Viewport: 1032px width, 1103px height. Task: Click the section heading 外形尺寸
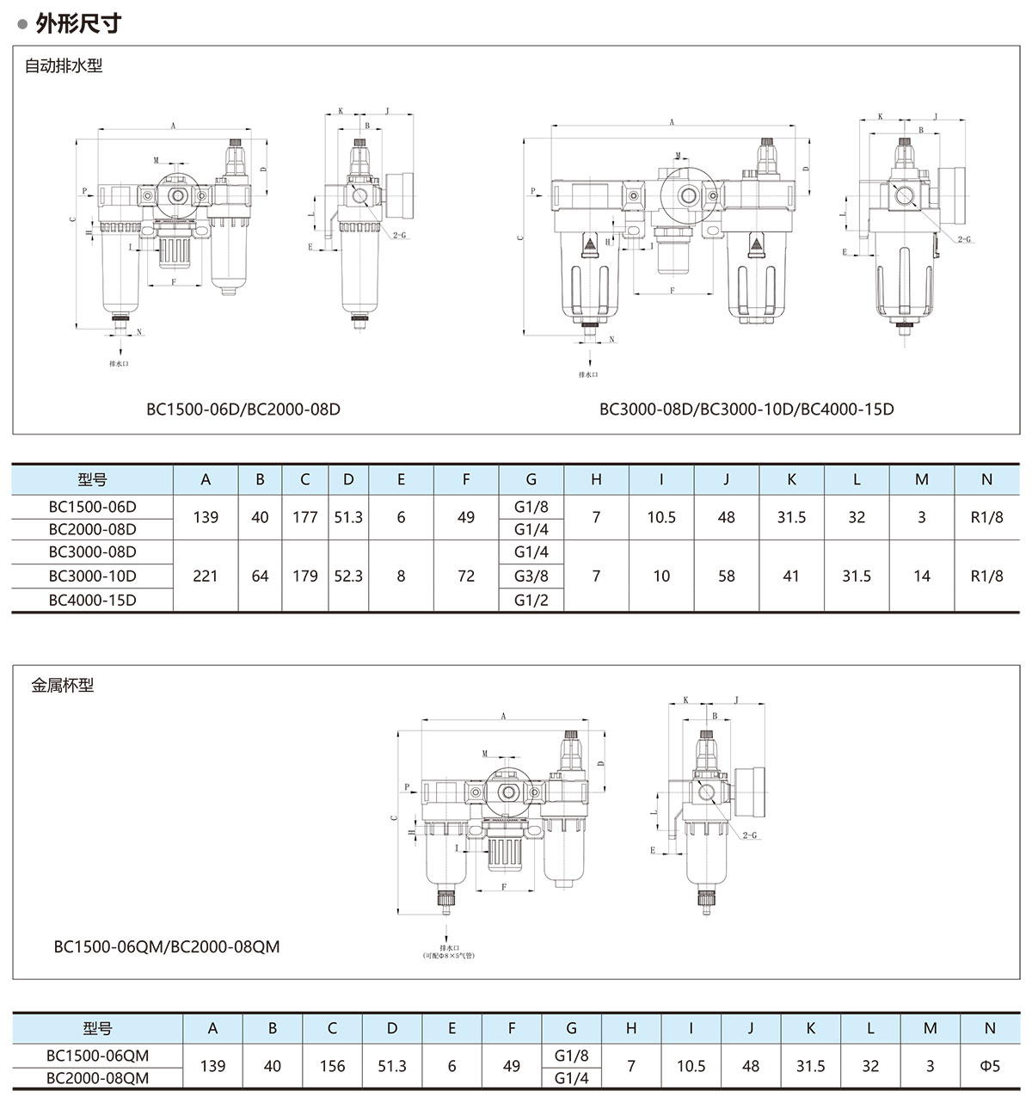pos(77,24)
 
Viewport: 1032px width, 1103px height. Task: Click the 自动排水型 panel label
pos(64,65)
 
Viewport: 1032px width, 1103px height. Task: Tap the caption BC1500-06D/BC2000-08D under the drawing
pos(243,409)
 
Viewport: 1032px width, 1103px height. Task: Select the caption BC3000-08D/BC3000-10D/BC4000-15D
pos(746,409)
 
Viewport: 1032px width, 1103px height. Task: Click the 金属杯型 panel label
pos(62,686)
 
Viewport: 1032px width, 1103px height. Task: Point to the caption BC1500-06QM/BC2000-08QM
pos(167,946)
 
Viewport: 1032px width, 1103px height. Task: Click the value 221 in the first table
pos(206,576)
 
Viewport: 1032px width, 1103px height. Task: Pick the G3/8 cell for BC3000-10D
pos(531,576)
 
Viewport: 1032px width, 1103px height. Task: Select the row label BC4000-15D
pos(92,600)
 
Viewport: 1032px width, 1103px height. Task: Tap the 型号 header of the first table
pos(92,479)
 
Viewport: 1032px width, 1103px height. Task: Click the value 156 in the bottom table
pos(332,1066)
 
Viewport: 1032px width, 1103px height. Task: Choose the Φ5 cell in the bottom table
pos(990,1066)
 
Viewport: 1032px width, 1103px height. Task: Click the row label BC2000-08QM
pos(97,1078)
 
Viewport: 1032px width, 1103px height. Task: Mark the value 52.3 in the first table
pos(348,576)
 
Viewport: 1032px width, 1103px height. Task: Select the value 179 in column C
pos(304,576)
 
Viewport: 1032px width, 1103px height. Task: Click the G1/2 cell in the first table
pos(531,600)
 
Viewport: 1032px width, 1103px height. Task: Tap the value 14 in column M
pos(922,576)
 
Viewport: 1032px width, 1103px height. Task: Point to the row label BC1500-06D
pos(92,507)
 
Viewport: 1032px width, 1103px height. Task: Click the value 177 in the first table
pos(304,517)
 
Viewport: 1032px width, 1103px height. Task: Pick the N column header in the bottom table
pos(990,1028)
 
